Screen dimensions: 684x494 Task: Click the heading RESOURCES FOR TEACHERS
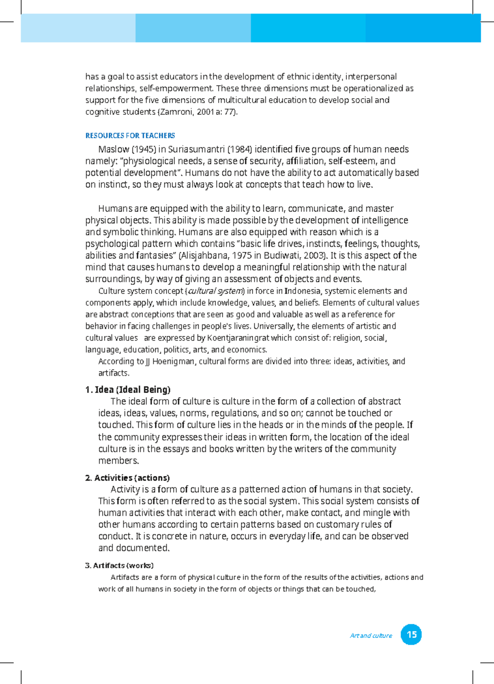(130, 136)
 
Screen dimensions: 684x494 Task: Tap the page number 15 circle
(411, 635)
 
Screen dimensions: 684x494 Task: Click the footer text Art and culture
(371, 636)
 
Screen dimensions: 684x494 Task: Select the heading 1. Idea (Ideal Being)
(128, 390)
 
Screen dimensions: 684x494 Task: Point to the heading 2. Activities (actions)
(127, 478)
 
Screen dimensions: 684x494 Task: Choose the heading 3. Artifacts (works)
(119, 565)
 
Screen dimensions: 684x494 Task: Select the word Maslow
(114, 149)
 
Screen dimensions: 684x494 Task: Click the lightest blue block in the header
(78, 28)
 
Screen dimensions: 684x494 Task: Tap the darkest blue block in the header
(423, 28)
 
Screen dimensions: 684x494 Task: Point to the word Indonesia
(302, 291)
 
